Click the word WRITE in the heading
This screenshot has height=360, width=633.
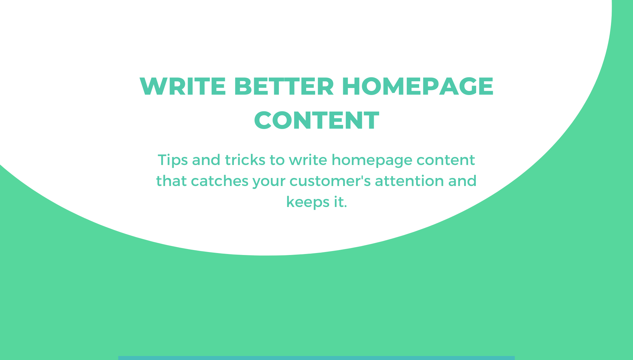click(x=183, y=86)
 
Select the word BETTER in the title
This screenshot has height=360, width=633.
click(x=284, y=86)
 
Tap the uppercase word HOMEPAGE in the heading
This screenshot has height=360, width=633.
click(x=417, y=86)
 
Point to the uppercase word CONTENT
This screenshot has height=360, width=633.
click(x=316, y=120)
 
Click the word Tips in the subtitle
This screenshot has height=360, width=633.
click(x=173, y=160)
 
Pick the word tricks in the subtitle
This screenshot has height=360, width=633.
click(x=245, y=160)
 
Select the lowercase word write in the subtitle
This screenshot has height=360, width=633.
click(x=308, y=160)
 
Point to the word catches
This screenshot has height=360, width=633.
click(x=220, y=181)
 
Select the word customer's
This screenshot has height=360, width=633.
click(x=330, y=181)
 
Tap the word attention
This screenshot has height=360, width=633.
click(x=409, y=181)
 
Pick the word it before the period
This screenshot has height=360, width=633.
click(x=339, y=202)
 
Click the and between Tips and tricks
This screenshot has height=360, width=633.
click(x=206, y=160)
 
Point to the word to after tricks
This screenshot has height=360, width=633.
click(x=277, y=160)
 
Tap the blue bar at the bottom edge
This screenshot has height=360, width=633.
click(x=316, y=358)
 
